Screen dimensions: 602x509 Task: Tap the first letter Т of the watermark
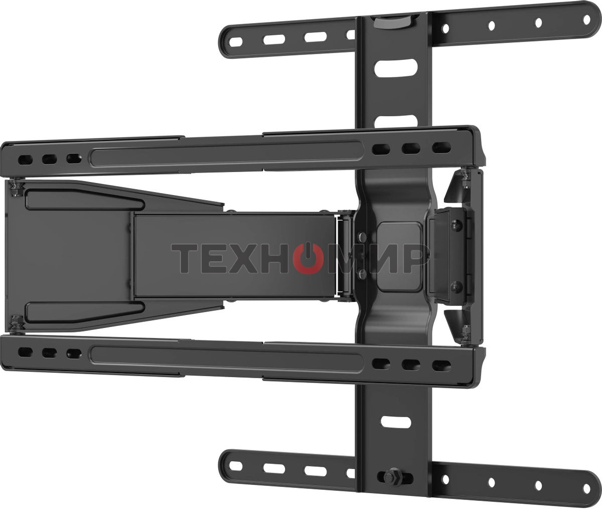(x=184, y=259)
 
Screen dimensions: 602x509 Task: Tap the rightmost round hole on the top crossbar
(x=586, y=20)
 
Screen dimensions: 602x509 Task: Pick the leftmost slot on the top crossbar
(x=236, y=42)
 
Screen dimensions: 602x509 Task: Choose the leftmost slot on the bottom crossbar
(x=236, y=466)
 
